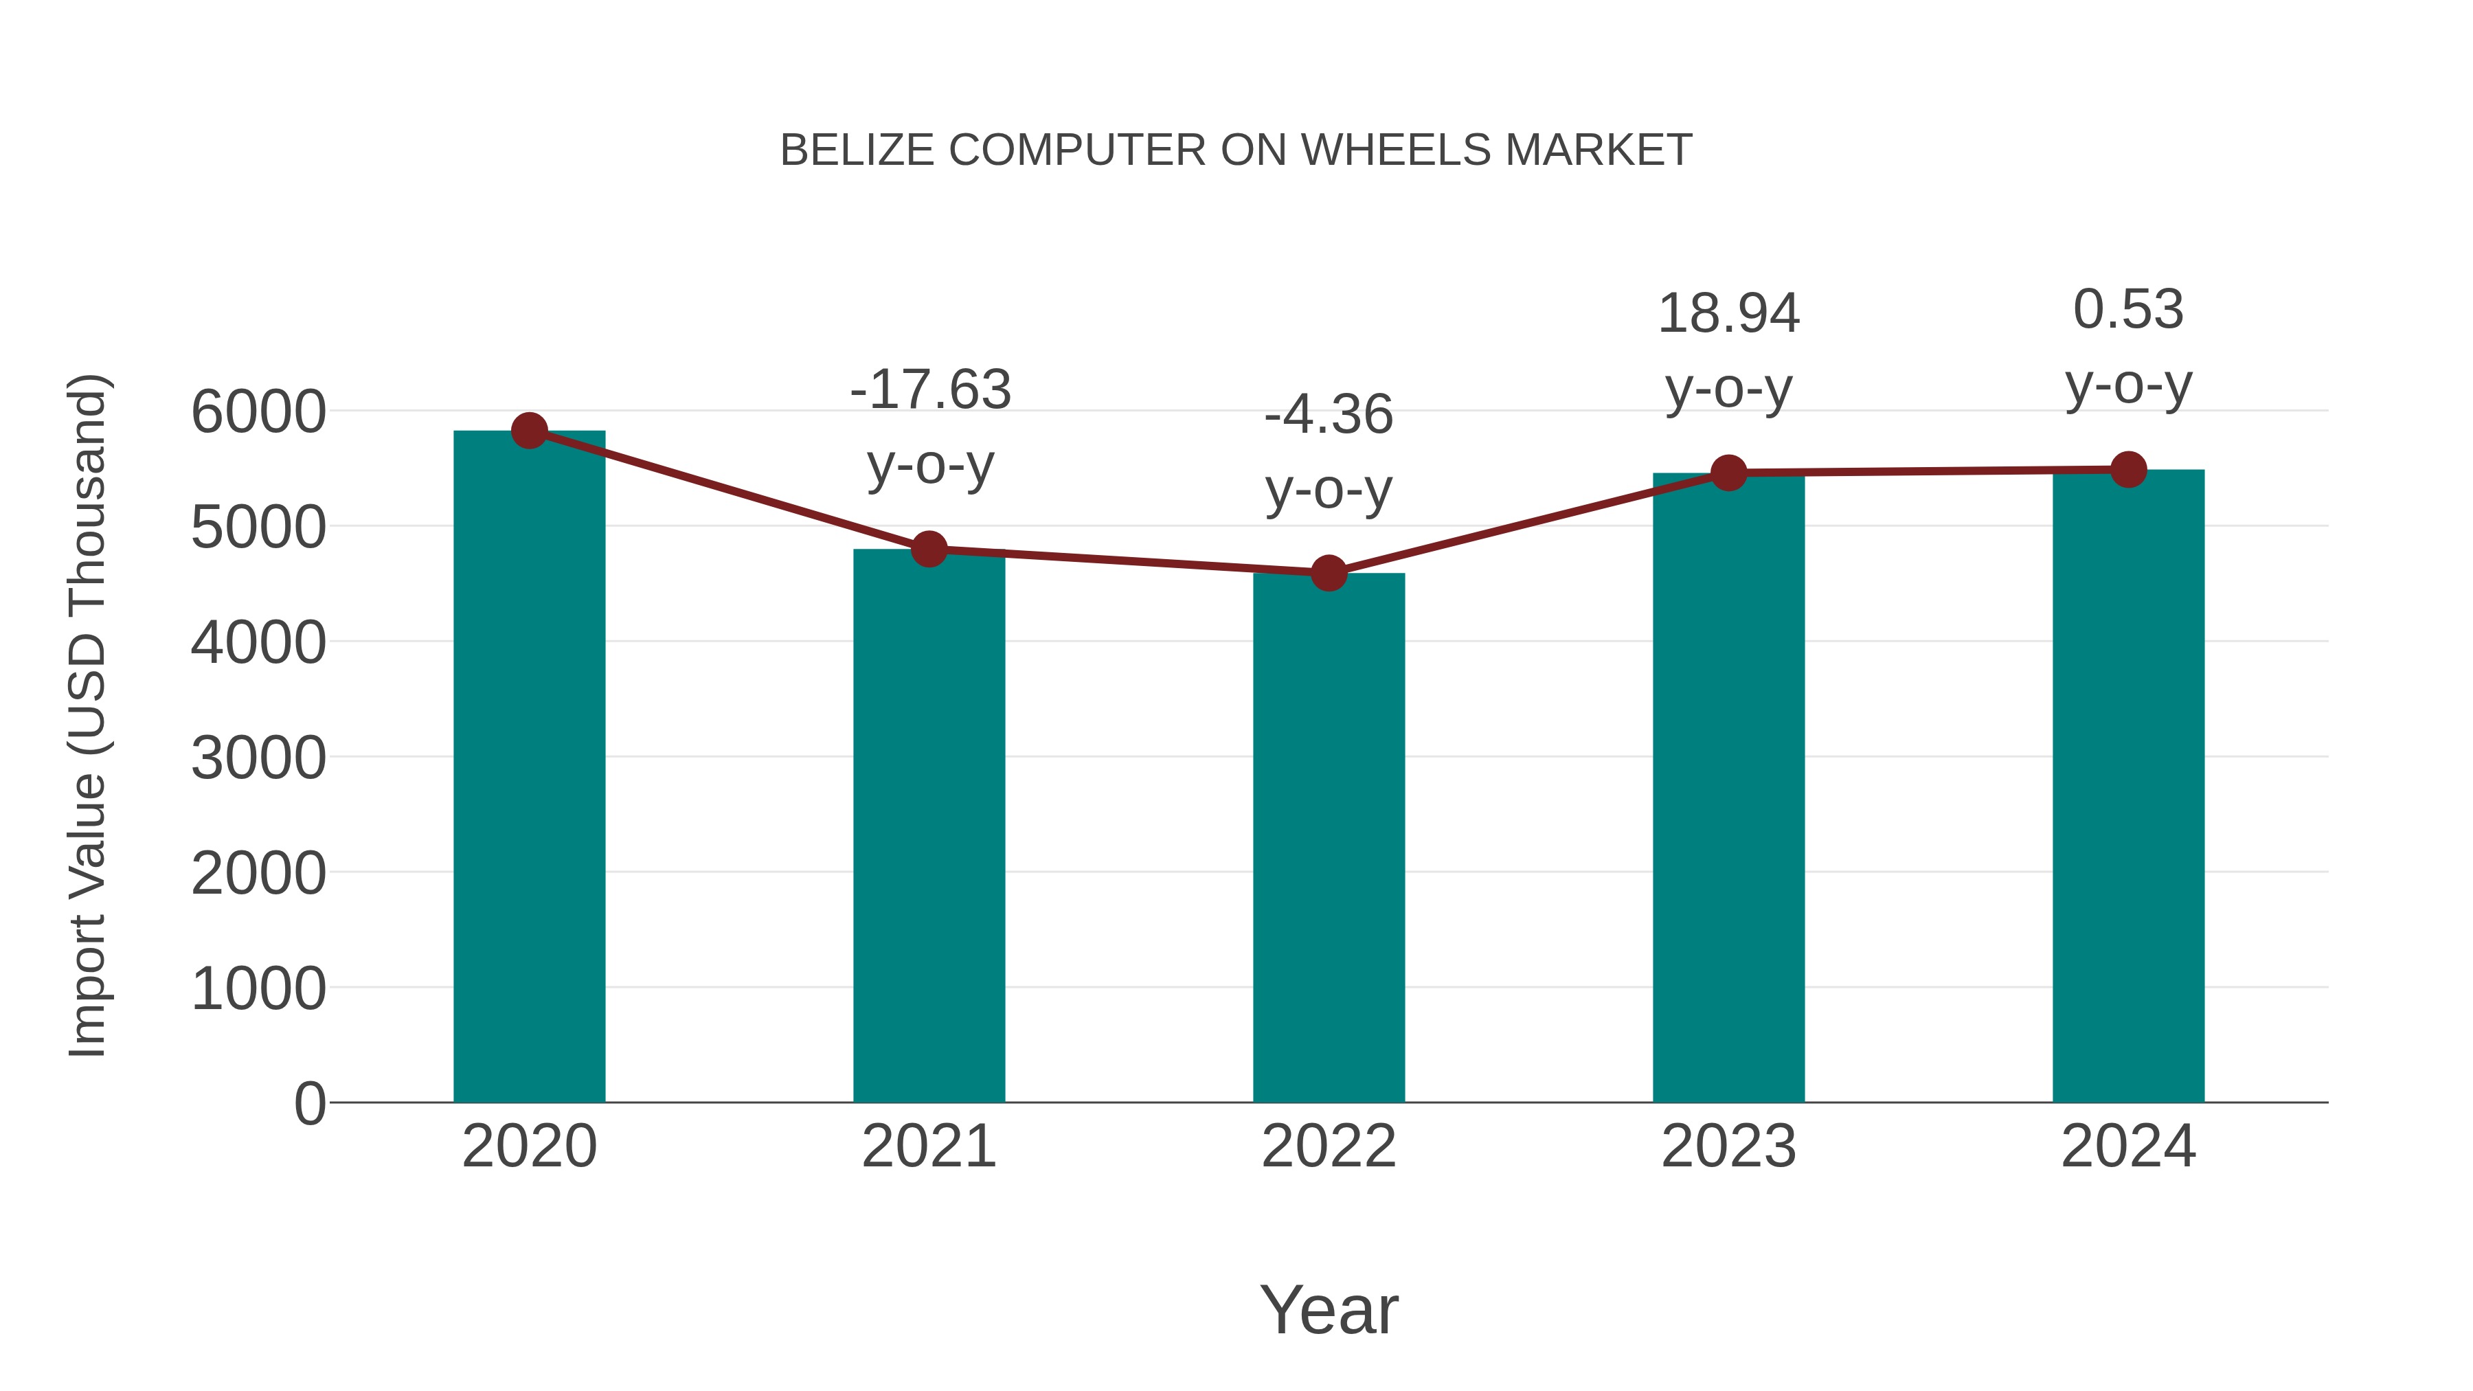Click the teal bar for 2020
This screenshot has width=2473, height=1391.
click(x=529, y=768)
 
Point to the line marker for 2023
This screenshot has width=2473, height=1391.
click(x=1728, y=473)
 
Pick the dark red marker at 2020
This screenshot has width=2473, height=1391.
click(x=529, y=431)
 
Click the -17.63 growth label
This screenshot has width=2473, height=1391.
click(x=930, y=389)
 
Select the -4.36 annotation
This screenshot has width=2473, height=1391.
click(x=1329, y=415)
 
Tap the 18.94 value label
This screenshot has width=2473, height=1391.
click(x=1728, y=314)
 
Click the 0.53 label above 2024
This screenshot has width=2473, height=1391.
click(x=2128, y=309)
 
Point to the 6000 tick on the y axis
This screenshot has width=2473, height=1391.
click(x=258, y=413)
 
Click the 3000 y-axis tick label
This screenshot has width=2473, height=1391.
click(x=258, y=758)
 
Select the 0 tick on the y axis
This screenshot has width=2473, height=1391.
click(x=309, y=1103)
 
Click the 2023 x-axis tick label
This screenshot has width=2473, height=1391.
click(x=1728, y=1146)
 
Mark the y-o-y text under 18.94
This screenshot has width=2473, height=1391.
click(x=1728, y=389)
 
